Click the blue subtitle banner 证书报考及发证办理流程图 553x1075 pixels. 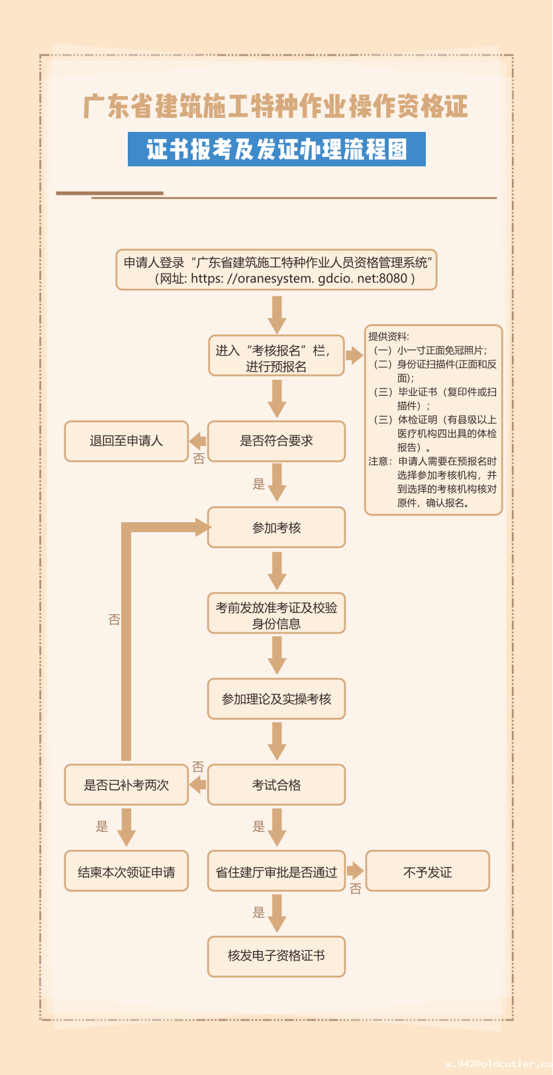coord(276,149)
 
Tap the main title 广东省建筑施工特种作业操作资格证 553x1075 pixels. coord(276,107)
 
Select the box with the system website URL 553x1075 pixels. coord(276,270)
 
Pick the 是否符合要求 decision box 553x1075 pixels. coord(276,441)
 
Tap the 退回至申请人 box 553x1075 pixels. coord(126,441)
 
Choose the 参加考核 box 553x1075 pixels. coord(276,528)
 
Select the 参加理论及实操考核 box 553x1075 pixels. coord(276,699)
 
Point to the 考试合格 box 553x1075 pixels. coord(276,785)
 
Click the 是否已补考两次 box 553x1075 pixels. coord(126,785)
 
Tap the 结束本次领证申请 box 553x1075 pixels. coord(126,872)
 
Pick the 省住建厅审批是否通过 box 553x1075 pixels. coord(276,872)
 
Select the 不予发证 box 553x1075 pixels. coord(427,872)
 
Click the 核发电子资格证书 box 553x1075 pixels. coord(276,956)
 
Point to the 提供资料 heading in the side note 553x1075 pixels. coord(389,337)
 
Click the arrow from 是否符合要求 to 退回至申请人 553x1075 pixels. coord(198,441)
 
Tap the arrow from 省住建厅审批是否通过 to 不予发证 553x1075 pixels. coord(355,871)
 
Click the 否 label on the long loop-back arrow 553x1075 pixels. coord(114,620)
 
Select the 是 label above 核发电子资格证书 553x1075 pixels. coord(259,913)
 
